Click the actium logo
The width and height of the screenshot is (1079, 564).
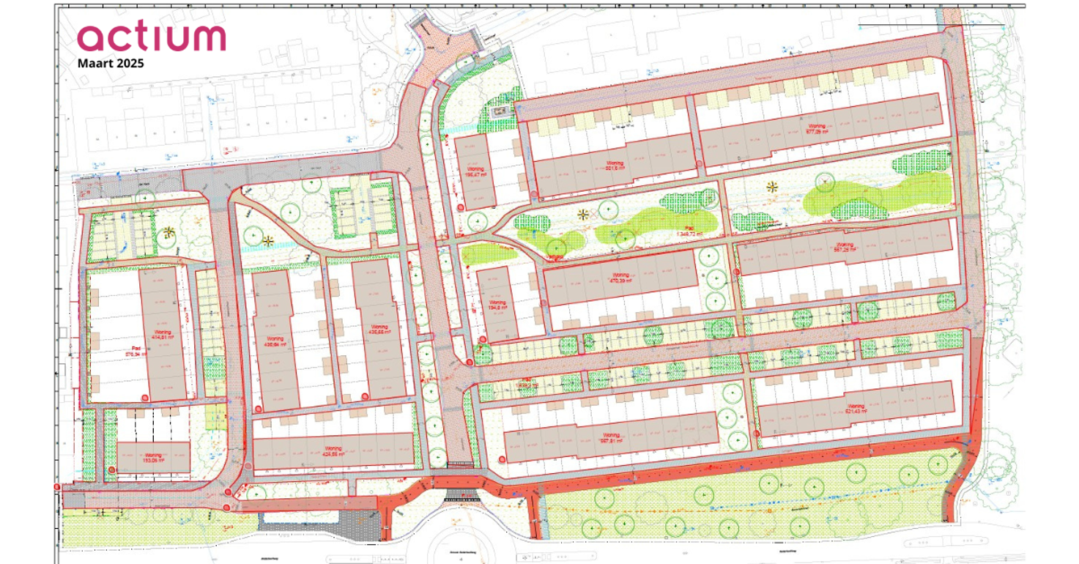coord(152,37)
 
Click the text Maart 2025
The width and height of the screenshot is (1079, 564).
coord(111,63)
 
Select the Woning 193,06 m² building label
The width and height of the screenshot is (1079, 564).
coord(152,458)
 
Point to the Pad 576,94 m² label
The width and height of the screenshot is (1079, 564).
coord(136,350)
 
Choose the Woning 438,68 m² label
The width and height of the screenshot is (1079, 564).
coord(379,330)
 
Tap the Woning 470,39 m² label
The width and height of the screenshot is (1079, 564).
coord(620,278)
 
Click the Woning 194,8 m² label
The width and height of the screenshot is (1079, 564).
coord(497,306)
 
